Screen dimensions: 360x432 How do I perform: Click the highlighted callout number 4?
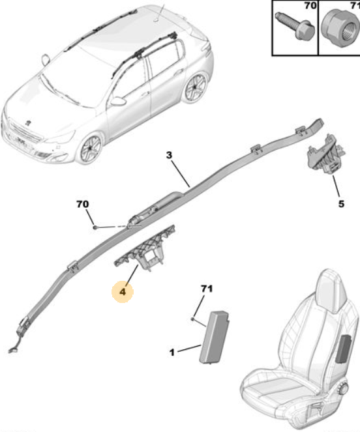(123, 291)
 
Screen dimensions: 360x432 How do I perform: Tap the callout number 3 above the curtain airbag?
(169, 155)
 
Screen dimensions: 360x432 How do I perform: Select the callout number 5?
(341, 204)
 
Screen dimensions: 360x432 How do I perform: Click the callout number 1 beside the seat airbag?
(172, 353)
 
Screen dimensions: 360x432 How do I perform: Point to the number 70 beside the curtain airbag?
(82, 204)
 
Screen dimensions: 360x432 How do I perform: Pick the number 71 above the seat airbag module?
(207, 289)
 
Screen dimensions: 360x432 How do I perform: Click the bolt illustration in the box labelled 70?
(295, 26)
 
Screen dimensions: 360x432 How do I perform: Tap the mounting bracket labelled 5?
(326, 155)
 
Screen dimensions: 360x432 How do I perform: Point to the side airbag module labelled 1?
(215, 337)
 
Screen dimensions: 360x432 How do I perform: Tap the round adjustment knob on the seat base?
(344, 388)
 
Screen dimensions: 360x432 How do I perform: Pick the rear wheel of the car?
(195, 87)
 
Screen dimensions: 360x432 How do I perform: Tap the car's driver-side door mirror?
(117, 101)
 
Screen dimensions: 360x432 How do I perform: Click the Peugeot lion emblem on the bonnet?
(28, 122)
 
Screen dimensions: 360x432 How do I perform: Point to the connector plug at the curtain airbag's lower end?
(12, 351)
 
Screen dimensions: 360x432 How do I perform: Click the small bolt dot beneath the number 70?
(95, 227)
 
